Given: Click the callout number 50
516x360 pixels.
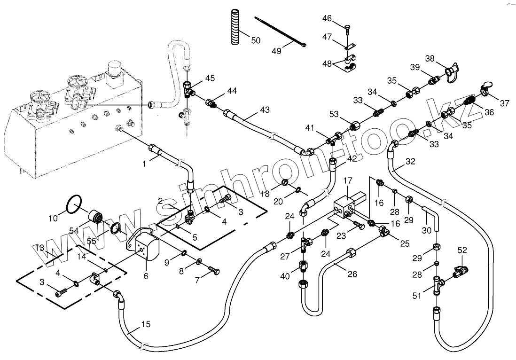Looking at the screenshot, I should tap(255, 40).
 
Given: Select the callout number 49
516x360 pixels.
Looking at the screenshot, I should tap(276, 51).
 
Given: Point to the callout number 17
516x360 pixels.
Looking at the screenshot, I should tap(348, 180).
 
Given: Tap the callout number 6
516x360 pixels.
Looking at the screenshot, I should tap(146, 276).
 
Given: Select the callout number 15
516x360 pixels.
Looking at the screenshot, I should tap(146, 324).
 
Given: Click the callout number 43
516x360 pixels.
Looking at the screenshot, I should tap(265, 110).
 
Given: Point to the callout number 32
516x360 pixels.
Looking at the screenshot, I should tap(410, 161).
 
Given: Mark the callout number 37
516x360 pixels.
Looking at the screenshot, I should tap(504, 103).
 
